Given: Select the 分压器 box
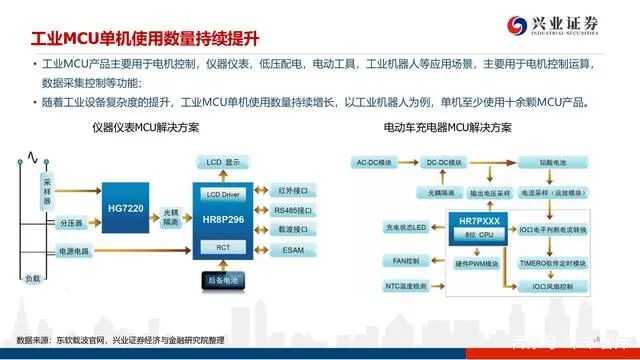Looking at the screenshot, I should tap(70, 222).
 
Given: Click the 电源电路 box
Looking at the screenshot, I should tap(72, 250).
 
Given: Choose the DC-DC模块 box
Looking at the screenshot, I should tap(443, 161).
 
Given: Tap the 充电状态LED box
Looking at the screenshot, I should tap(379, 228).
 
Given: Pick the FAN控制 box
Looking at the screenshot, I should tap(380, 260).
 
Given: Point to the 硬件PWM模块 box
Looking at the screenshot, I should tap(466, 264).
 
